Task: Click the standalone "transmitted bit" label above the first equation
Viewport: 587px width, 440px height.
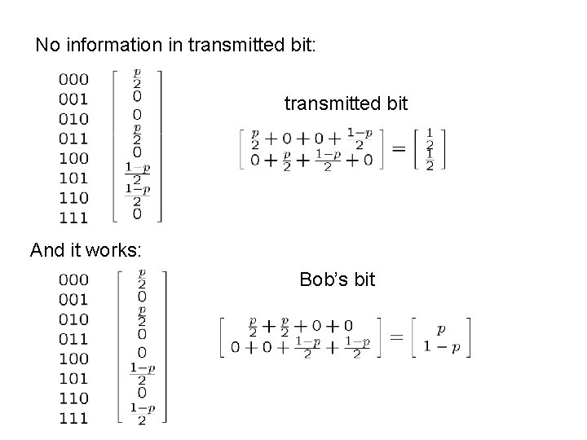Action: pos(346,103)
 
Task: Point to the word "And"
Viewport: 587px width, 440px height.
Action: pos(47,250)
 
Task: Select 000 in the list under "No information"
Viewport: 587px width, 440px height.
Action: pos(74,79)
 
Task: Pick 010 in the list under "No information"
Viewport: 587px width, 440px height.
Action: pos(74,118)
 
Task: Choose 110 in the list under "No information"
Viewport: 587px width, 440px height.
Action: pos(74,196)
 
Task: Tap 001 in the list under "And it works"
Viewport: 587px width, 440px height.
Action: pos(74,299)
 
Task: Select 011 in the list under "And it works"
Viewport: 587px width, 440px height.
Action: pos(74,339)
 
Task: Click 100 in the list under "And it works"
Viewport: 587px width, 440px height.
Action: pos(74,359)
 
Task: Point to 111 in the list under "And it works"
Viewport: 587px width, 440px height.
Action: pos(74,418)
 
